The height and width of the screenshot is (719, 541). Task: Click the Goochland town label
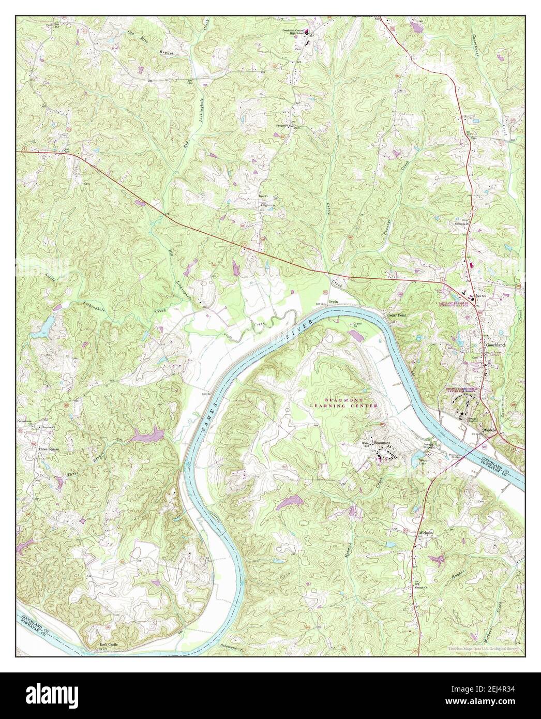[494, 344]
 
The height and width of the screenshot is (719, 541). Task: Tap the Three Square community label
[49, 449]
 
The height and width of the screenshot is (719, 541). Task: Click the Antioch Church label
[422, 588]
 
